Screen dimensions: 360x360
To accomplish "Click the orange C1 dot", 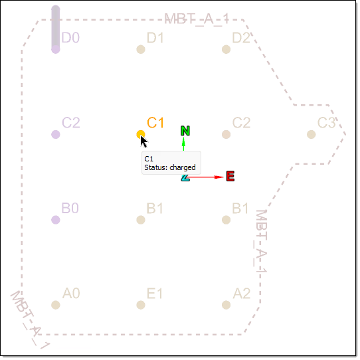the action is point(141,134).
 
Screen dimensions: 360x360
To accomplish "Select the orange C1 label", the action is point(155,123).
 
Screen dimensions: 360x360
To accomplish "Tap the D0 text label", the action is point(70,38).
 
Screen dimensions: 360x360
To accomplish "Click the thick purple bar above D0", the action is point(56,27).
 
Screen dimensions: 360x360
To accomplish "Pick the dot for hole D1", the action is point(141,49).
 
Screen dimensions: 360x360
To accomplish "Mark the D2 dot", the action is point(226,49).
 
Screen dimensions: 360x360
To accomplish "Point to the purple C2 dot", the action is point(56,134).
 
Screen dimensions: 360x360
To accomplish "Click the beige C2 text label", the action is point(241,123).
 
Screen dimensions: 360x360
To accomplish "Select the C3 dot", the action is point(311,134).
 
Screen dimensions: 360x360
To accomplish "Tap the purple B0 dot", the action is point(56,220).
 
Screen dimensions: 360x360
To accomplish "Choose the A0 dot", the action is point(56,305).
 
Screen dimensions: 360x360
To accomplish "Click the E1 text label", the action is point(155,294).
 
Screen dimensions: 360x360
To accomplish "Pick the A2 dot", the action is point(226,305).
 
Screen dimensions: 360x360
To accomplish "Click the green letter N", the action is point(185,131).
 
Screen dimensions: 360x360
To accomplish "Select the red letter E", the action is point(230,176).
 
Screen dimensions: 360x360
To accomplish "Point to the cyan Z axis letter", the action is point(185,178).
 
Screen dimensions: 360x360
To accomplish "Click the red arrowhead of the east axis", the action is point(219,177).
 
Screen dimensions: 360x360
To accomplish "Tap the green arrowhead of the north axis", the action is point(183,142).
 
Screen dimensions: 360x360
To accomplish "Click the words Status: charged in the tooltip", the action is point(170,167).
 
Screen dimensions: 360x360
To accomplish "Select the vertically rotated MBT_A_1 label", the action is point(261,241).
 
